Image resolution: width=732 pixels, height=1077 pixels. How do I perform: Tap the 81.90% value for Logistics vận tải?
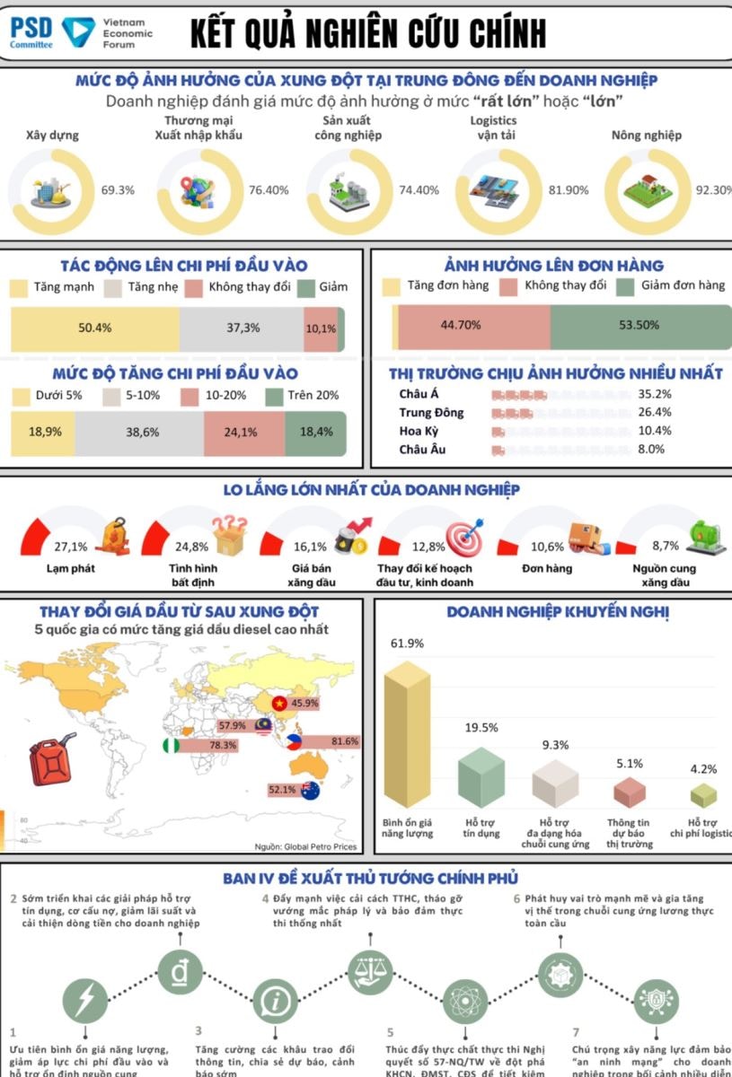[568, 190]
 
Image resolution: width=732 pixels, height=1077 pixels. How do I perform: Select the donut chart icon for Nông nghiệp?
[645, 190]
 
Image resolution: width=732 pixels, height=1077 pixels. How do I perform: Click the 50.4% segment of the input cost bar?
[94, 328]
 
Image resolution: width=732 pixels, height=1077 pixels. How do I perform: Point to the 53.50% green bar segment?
[639, 325]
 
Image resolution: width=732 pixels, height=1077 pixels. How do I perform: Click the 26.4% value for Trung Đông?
[655, 412]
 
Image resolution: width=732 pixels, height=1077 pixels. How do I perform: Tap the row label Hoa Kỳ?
[419, 431]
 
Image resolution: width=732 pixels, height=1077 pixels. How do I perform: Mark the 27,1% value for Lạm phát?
[71, 547]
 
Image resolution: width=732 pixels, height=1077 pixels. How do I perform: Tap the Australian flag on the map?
[311, 791]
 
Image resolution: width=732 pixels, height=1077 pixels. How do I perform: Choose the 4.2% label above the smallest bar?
[703, 769]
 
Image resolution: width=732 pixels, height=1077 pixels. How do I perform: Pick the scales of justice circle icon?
[371, 970]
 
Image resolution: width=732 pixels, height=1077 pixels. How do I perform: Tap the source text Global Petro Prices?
[319, 846]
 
